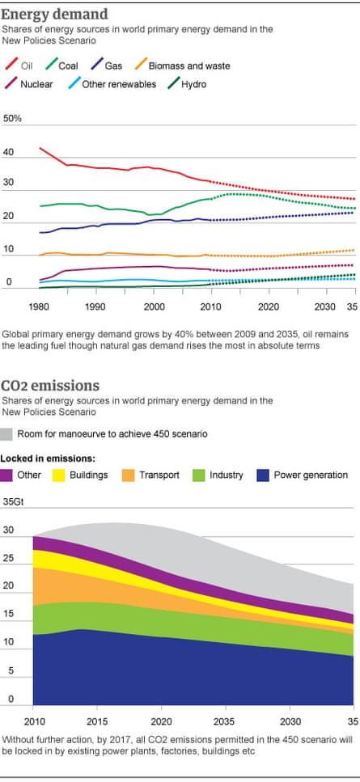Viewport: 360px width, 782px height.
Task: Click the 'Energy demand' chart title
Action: pos(55,13)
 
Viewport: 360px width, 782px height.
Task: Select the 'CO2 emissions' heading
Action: pos(50,385)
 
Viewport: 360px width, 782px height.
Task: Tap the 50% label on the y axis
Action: pos(13,119)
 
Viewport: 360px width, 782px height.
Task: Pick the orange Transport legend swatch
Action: pos(129,475)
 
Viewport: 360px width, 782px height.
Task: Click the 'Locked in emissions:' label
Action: pos(44,459)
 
